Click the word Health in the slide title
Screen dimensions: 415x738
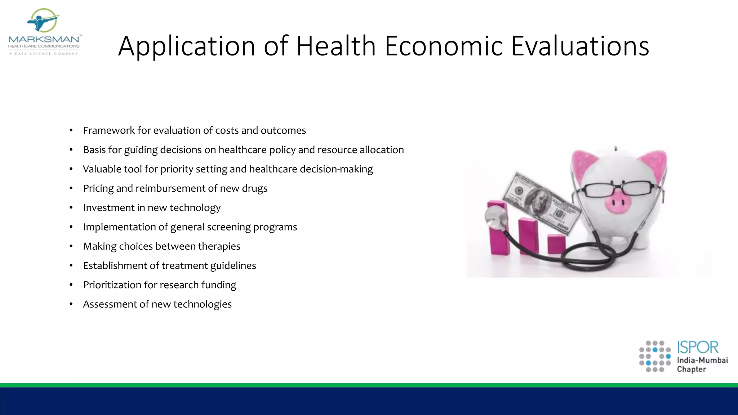point(336,46)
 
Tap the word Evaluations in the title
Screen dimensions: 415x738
point(580,46)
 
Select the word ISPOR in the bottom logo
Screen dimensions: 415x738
point(698,347)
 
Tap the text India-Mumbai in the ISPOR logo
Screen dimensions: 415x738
point(702,360)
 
